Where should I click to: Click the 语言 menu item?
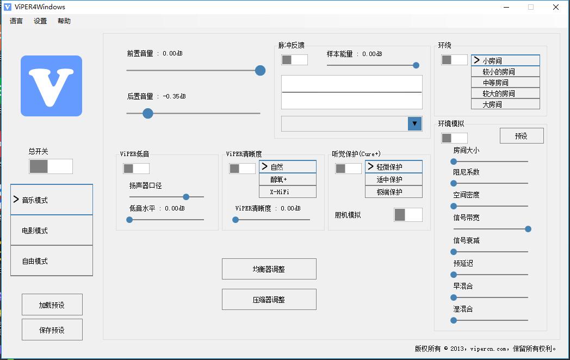click(16, 21)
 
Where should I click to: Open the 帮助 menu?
click(64, 21)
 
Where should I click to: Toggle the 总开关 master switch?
click(51, 166)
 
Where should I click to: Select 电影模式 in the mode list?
click(51, 231)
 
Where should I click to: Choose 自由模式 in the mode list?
click(51, 261)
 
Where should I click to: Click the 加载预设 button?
click(52, 305)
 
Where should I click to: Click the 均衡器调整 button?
click(269, 269)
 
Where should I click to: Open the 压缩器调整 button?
click(269, 300)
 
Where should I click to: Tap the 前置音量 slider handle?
click(260, 70)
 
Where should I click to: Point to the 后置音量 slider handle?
click(147, 113)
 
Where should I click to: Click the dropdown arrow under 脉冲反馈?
click(414, 124)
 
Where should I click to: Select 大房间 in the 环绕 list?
click(505, 104)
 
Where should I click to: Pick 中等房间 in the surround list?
click(505, 83)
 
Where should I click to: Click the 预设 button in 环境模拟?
click(521, 136)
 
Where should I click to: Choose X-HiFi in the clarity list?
click(287, 191)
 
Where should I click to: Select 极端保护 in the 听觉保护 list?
click(393, 191)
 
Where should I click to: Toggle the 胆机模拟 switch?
click(407, 215)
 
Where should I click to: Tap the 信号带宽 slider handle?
click(528, 229)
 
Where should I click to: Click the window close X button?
click(556, 7)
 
